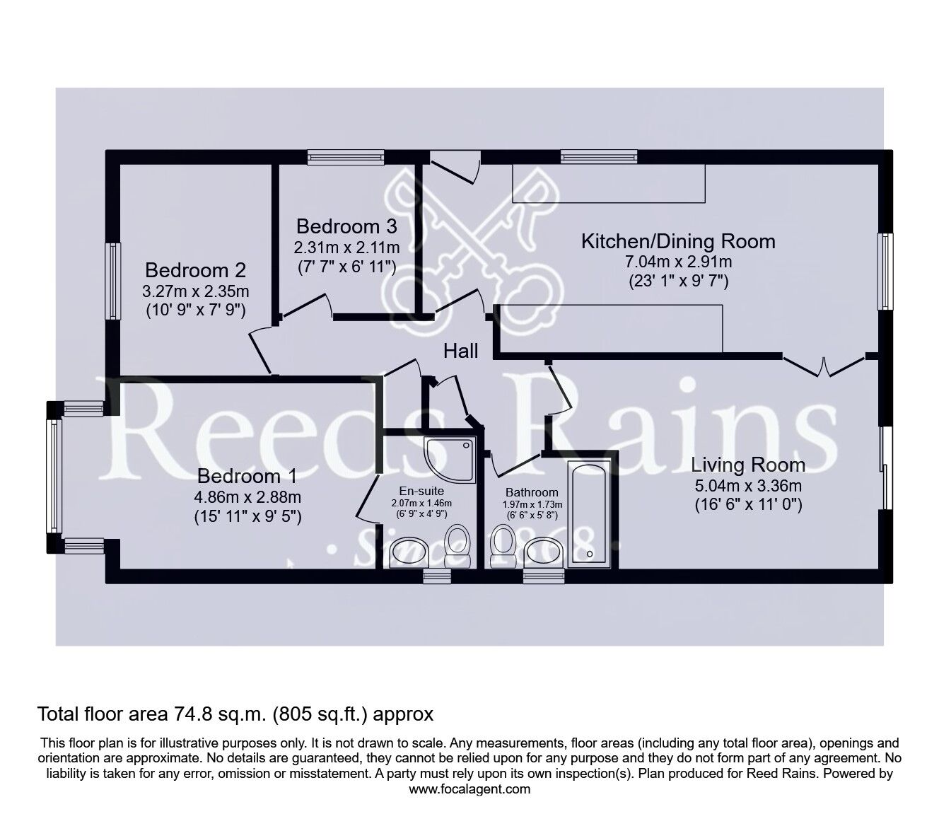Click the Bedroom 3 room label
coord(346,226)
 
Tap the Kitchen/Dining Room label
coord(677,241)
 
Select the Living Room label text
coord(747,465)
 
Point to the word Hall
coord(461,351)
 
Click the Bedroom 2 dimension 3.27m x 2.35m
coord(196,291)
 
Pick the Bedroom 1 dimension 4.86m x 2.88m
coord(248,496)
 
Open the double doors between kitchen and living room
coord(824,366)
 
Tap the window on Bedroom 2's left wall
coord(112,281)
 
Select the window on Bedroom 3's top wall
coord(346,157)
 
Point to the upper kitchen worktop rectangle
coord(608,184)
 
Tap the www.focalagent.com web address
coord(469,789)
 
